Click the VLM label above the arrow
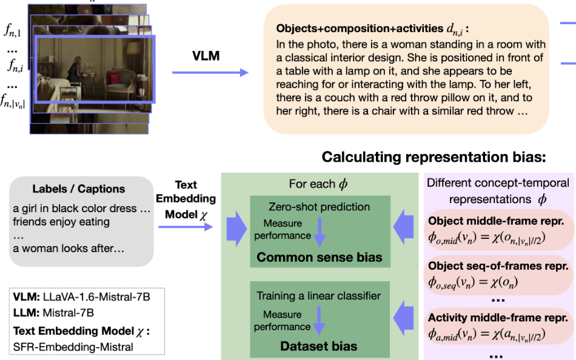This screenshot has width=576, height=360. click(206, 56)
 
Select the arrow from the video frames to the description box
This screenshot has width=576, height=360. click(210, 72)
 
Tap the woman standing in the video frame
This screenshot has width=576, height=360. click(76, 70)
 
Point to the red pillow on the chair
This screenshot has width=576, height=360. click(113, 78)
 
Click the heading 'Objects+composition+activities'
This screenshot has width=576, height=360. click(360, 28)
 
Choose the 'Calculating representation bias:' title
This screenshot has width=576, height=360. click(434, 157)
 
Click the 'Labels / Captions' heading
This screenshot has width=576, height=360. click(79, 189)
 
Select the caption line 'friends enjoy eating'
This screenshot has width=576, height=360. click(61, 222)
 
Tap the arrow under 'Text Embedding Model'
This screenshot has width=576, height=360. click(186, 227)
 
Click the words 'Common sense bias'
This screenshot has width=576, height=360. click(319, 257)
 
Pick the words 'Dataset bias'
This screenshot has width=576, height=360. click(318, 346)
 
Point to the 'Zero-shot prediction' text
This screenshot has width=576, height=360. click(319, 207)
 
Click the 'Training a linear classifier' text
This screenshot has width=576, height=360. click(318, 296)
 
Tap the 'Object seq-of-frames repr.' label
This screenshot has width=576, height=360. click(498, 265)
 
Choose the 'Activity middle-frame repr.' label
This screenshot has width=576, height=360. click(498, 318)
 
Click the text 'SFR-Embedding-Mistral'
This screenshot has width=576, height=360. click(73, 347)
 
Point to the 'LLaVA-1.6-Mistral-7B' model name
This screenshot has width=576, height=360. click(96, 297)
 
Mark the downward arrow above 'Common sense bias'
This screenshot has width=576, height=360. click(320, 232)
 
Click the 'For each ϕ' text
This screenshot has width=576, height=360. click(318, 184)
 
